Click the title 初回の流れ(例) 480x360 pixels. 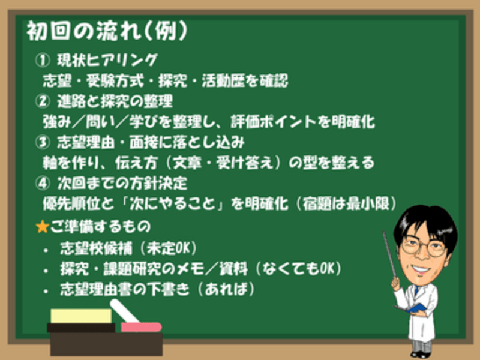pos(107,31)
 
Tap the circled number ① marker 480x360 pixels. pos(42,60)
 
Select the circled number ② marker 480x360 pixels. pos(42,101)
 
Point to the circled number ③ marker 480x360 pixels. pos(42,142)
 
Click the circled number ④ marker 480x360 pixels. pos(42,183)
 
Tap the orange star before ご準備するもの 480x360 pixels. pos(42,227)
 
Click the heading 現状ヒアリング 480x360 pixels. pos(107,60)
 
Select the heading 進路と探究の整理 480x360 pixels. pos(115,101)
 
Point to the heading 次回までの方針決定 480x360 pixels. pos(122,183)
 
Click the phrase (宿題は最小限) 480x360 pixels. pos(347,203)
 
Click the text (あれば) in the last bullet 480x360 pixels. pos(226,289)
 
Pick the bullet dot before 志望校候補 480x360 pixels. pos(46,250)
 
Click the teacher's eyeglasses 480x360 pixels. pos(424,247)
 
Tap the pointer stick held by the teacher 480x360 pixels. pos(389,254)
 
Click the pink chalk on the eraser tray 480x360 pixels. pos(141,327)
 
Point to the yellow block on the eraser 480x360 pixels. pos(81,316)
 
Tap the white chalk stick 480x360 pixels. pos(125,311)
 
